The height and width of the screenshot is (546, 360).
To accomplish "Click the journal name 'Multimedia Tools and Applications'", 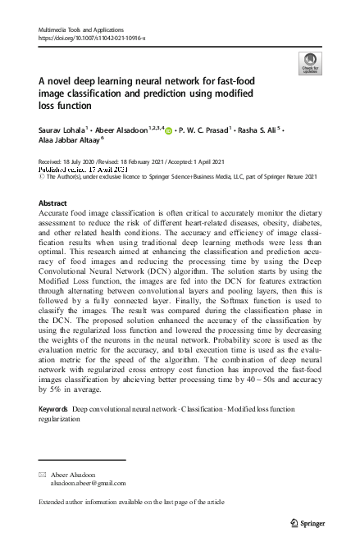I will [75, 30].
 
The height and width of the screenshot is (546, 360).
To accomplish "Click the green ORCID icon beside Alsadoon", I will [169, 129].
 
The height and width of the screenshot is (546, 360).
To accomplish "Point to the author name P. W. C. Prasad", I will [205, 129].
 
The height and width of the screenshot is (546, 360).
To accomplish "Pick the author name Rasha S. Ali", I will [257, 129].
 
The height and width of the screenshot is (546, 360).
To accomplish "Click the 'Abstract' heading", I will [53, 202].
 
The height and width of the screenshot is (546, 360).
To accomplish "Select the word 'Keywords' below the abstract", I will [54, 407].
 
